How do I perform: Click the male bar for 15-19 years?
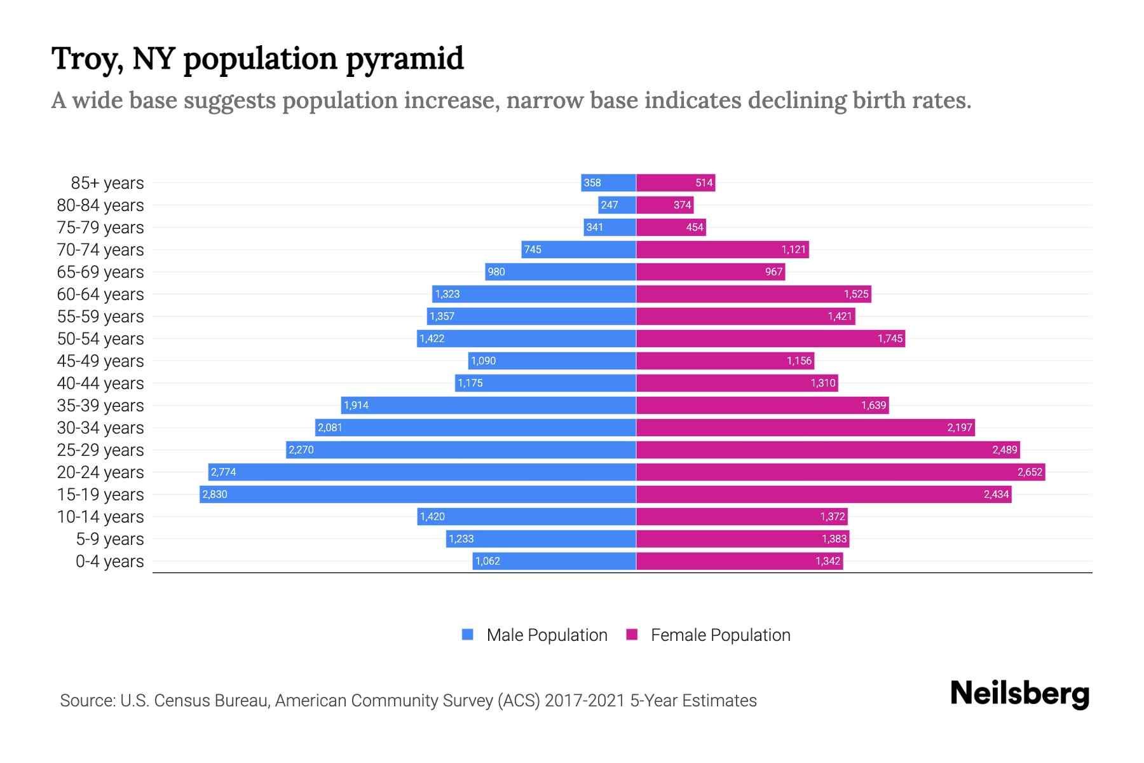418,494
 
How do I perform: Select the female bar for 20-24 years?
840,472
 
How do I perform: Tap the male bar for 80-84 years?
617,205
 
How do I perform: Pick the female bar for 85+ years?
676,182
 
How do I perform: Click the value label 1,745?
890,338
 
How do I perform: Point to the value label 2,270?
301,450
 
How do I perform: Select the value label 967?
773,272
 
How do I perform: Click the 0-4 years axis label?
109,561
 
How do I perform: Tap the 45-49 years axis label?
100,361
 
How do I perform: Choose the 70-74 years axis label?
100,250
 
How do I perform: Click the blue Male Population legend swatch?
468,635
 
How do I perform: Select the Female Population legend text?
720,635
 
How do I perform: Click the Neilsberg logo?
1019,694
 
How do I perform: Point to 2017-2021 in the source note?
584,701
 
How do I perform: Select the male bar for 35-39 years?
488,405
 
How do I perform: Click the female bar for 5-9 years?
742,539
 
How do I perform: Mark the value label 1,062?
487,561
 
